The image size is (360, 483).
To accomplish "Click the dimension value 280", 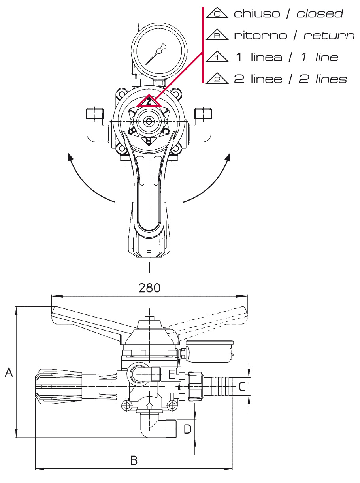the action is click(149, 288).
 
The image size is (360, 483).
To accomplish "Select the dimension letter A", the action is click(9, 372).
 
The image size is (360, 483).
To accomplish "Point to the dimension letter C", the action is click(242, 387).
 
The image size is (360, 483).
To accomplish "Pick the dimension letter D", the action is click(187, 429).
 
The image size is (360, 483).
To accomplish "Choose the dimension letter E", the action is click(172, 374).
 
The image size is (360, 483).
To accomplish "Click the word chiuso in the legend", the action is click(257, 13).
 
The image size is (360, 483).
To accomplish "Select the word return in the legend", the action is click(329, 36).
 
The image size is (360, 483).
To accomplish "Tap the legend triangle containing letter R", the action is click(217, 34).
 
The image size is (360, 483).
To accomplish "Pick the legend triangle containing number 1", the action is click(217, 56).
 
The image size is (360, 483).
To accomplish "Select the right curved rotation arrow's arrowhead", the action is click(228, 157).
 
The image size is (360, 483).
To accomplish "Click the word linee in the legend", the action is click(266, 79).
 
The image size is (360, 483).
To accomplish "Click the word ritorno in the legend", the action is click(261, 36).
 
